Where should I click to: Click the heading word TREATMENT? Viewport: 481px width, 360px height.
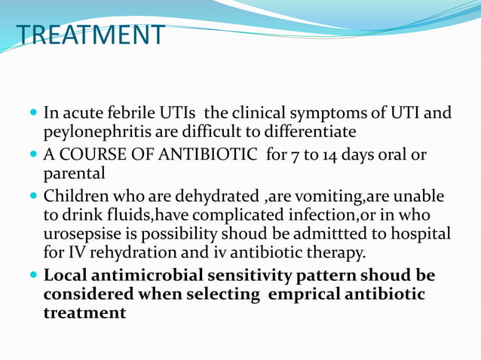tap(90, 35)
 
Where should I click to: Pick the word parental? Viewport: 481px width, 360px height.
tap(73, 174)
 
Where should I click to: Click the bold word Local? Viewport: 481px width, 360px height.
tap(65, 276)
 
